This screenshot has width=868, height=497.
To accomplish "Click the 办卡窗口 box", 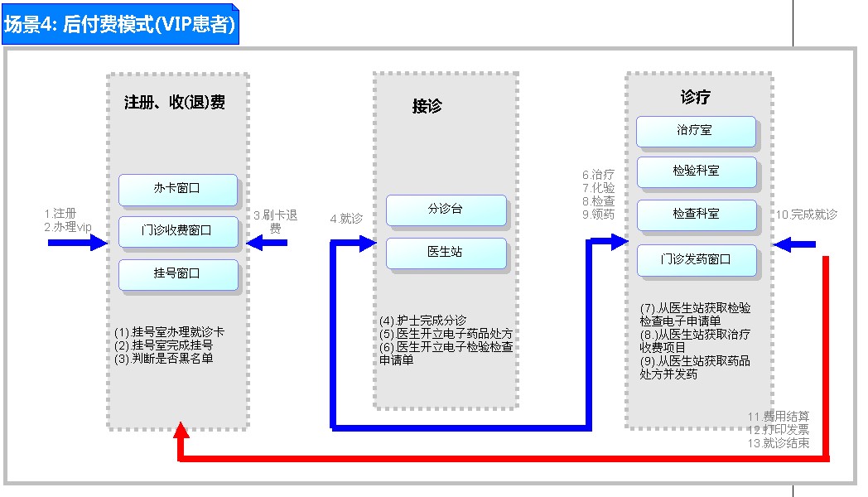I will point(177,189).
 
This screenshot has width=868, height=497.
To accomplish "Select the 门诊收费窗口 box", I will point(177,231).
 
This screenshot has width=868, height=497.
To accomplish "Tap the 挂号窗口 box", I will point(177,273).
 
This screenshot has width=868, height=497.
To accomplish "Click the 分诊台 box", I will point(446,210).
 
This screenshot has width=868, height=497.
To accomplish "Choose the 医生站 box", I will point(446,252).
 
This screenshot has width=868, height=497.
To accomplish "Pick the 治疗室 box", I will point(696,131).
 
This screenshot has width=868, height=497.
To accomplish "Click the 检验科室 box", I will point(696,171).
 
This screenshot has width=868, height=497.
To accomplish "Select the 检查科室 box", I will point(696,214).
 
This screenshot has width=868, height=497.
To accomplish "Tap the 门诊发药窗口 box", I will point(696,259).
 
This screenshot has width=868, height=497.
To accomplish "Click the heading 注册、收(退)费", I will point(175,103).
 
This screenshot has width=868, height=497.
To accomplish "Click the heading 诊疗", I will point(696,97).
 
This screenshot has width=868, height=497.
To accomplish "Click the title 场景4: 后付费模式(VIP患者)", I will point(120,25).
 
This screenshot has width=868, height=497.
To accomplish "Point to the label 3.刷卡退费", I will point(276,221).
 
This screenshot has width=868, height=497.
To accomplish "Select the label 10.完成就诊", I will point(806,215).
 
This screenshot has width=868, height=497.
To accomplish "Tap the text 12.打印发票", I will point(779,430).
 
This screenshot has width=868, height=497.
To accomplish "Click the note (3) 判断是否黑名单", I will point(165,358).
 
